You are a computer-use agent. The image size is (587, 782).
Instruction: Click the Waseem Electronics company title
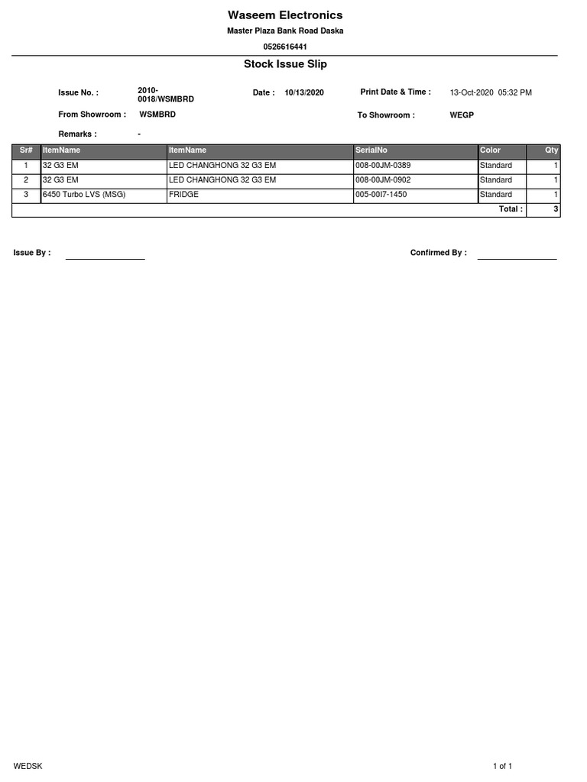coord(285,15)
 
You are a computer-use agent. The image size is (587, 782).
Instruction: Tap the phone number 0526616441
coord(285,47)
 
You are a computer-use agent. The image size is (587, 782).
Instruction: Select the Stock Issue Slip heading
coord(285,64)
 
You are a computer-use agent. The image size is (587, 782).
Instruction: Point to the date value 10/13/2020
coord(304,92)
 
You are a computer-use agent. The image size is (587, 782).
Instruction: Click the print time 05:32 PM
coord(514,92)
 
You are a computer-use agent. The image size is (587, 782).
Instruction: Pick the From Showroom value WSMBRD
coord(157,115)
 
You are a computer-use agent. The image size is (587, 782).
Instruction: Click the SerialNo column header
coord(371,150)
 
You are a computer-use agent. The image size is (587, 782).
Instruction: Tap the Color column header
coord(490,150)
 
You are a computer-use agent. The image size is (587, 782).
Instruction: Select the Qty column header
coord(551,150)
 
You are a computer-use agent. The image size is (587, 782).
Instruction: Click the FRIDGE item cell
coord(183,195)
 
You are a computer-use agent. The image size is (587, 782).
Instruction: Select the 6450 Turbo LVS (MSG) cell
coord(84,195)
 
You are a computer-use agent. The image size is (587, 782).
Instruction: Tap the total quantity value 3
coord(556,209)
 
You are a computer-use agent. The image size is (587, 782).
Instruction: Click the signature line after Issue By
coord(105,258)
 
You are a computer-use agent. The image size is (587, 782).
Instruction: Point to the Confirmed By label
coord(438,253)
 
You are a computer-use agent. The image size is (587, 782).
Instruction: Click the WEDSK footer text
coord(28,766)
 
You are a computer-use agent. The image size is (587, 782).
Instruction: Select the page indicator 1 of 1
coord(502,766)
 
